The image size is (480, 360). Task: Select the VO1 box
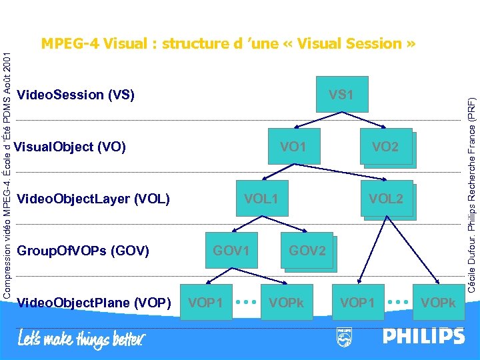(293, 146)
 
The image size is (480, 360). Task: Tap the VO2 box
(385, 147)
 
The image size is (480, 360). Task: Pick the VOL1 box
(261, 198)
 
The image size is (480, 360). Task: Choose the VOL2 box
(386, 199)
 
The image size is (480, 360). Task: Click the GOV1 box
(231, 251)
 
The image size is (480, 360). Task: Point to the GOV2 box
(307, 251)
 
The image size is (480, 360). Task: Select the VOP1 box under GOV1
(206, 303)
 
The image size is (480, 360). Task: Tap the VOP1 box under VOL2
(357, 303)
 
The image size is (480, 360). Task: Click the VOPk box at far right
(438, 303)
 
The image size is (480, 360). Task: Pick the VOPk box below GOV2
(286, 303)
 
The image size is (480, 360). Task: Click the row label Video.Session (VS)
(75, 95)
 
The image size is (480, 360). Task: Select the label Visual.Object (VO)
(70, 147)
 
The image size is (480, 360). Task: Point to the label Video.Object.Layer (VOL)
(93, 199)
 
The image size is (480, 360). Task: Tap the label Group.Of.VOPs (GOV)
(83, 251)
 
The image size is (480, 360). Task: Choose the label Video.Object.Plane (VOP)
(93, 303)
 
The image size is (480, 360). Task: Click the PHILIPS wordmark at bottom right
(423, 336)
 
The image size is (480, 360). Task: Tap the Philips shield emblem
(344, 337)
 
